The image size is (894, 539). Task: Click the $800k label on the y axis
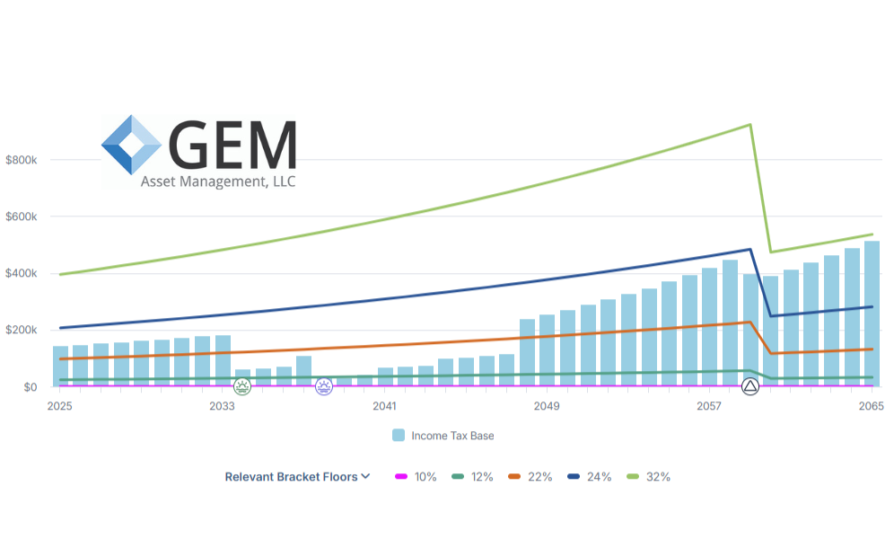point(22,160)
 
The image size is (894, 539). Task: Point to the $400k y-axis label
point(22,273)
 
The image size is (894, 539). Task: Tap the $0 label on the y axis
point(30,386)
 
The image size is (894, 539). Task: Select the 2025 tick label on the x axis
point(60,406)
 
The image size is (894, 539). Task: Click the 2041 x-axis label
point(384,406)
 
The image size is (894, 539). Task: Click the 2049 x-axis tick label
point(546,406)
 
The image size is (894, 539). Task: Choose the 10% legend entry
point(416,477)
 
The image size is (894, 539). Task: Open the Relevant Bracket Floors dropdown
point(297,477)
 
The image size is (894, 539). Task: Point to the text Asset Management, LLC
point(218,181)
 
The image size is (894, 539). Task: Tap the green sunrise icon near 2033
point(242,386)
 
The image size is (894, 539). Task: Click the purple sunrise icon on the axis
point(323,386)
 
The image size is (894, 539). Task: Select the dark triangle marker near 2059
point(750,386)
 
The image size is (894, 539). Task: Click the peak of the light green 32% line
point(750,125)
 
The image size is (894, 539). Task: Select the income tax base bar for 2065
point(872,314)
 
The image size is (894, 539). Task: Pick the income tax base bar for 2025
point(60,366)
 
